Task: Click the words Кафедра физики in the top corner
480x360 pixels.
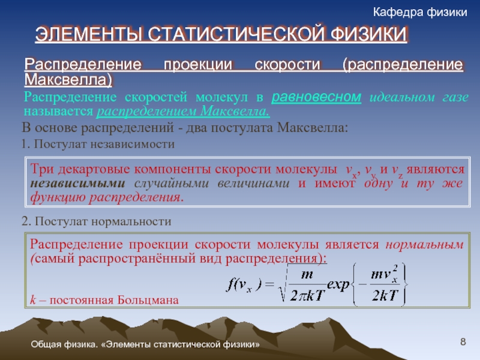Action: coord(420,12)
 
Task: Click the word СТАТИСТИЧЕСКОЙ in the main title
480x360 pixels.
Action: coord(236,34)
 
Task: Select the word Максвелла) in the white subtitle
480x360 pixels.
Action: coord(68,80)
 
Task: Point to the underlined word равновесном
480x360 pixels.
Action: coord(316,97)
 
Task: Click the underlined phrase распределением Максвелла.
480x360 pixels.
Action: coord(183,111)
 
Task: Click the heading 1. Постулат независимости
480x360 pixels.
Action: coord(98,144)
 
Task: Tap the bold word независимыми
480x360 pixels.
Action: coord(78,183)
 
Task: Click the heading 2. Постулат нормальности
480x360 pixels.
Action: coord(96,221)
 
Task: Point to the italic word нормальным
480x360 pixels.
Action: coord(425,244)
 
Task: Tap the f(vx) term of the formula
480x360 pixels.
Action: coord(244,285)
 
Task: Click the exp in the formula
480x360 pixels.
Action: coord(338,284)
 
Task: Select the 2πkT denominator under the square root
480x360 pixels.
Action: coord(307,295)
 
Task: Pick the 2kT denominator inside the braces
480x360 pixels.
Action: coord(385,295)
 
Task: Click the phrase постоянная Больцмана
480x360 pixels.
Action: coord(114,299)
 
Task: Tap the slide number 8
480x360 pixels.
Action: coord(463,341)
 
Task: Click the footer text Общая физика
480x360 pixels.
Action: coord(64,344)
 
